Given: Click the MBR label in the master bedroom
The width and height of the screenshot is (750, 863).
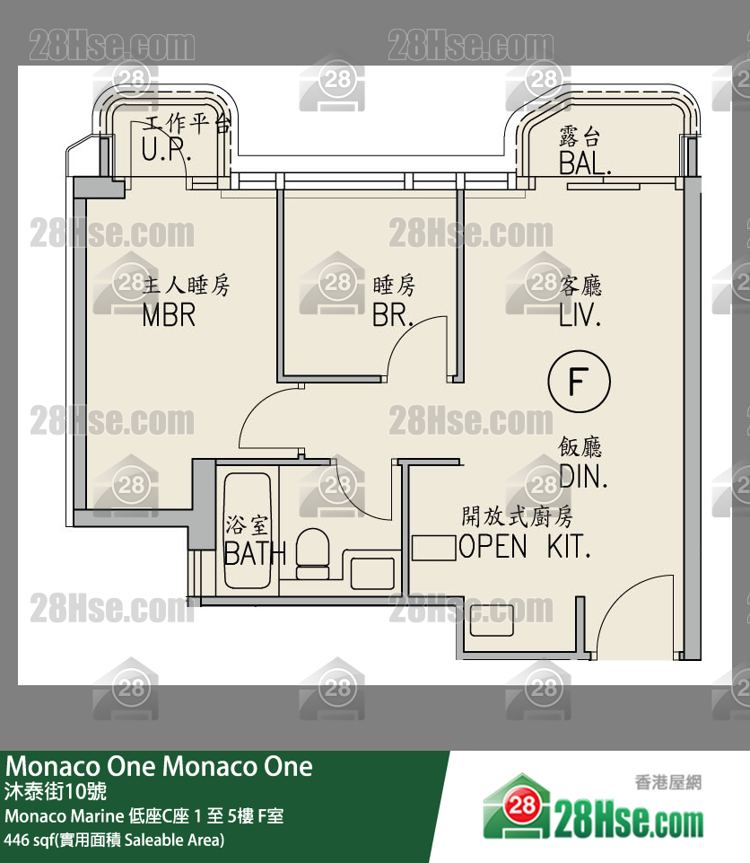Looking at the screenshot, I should click(169, 315).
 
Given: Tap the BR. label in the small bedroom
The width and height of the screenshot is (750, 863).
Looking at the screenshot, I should click(393, 315).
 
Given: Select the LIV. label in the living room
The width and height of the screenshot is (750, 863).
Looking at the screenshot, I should click(580, 315).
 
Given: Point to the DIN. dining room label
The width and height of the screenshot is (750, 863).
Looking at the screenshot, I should click(583, 476).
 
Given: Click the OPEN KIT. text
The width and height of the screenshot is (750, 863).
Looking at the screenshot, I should click(525, 546).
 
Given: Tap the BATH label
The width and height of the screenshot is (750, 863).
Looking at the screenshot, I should click(254, 554).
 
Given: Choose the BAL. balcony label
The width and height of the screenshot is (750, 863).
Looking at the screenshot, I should click(585, 163).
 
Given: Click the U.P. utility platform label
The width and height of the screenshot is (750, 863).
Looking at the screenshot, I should click(162, 150).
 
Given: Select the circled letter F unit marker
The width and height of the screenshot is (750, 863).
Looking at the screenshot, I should click(579, 382).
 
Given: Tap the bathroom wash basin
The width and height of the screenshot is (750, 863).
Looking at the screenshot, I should click(370, 573).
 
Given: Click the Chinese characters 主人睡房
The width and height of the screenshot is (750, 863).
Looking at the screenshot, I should click(187, 286).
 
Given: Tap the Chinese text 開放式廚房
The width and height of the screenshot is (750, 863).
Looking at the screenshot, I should click(517, 516).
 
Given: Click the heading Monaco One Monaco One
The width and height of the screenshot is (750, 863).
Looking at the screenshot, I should click(160, 766).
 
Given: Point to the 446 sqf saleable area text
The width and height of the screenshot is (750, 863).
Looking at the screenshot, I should click(114, 841).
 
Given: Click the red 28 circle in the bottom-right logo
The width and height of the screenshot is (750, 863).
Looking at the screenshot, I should click(524, 806).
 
